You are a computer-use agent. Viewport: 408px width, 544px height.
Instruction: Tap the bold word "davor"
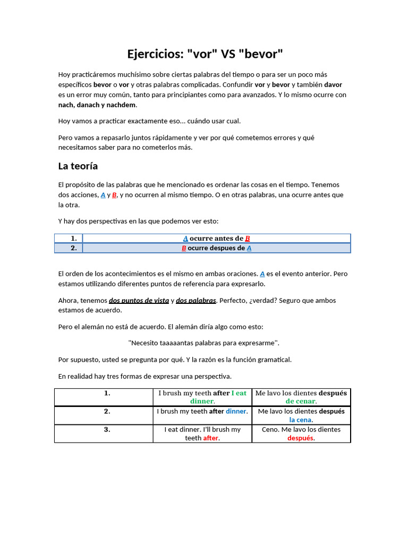[333, 84]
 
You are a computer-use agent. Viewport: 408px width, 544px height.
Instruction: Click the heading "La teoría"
[78, 166]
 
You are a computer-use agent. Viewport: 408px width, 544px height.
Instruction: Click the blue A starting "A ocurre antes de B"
[185, 239]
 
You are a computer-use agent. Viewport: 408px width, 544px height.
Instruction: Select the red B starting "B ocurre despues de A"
[184, 248]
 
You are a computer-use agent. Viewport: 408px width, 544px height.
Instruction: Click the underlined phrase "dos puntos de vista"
[139, 300]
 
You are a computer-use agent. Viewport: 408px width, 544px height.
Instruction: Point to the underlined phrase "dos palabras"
[195, 300]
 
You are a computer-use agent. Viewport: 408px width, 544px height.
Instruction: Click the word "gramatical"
[273, 360]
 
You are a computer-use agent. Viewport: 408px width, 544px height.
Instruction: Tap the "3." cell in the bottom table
[107, 429]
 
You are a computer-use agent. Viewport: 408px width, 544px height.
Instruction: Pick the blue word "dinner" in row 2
[236, 411]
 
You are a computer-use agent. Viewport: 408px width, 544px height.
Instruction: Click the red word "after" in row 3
[211, 438]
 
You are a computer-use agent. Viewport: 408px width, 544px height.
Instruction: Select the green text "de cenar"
[300, 401]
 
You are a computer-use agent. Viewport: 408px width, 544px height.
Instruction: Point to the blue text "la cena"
[300, 420]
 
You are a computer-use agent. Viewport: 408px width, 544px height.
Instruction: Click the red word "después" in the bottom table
[300, 438]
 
